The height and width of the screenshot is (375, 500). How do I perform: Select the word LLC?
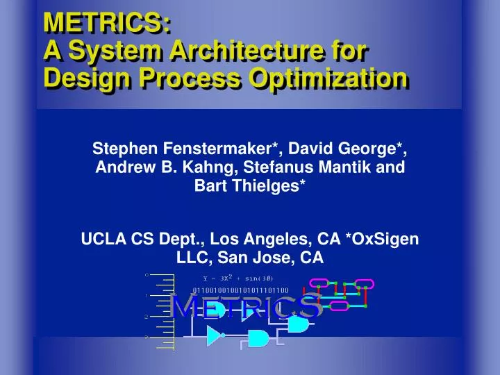[x=192, y=258]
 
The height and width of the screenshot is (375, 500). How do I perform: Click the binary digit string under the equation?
[x=240, y=290]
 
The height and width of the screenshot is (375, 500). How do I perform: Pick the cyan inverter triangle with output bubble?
[x=215, y=336]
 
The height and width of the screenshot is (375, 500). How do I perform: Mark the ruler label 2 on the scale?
[x=147, y=317]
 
